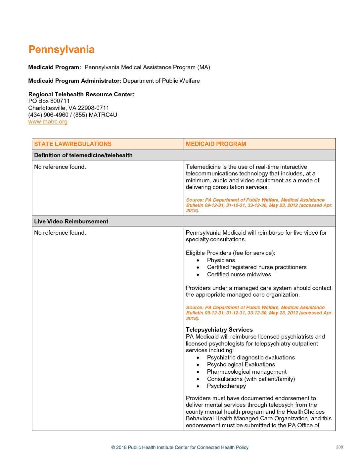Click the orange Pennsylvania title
62,50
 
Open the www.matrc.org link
48,121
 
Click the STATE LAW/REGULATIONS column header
73,144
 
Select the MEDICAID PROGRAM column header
216,144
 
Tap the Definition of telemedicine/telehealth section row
83,155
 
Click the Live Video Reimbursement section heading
71,221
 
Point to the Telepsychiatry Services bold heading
219,330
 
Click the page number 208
339,447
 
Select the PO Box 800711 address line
49,101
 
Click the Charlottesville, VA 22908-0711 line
68,108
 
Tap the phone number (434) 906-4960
48,115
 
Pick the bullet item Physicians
221,260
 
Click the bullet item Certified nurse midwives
239,274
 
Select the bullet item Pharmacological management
247,372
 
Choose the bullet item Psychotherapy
227,386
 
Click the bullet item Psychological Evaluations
241,364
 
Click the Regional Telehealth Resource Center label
81,94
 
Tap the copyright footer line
180,447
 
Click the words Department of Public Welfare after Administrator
161,81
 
